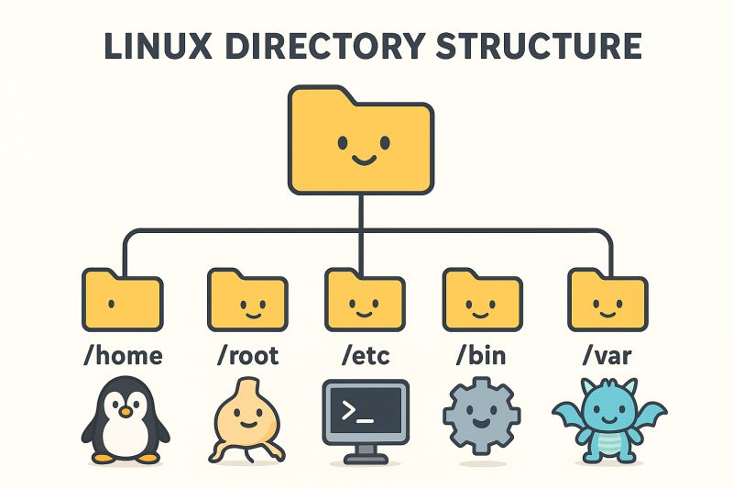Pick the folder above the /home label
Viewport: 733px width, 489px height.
[122, 299]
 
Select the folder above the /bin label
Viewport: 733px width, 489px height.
[482, 299]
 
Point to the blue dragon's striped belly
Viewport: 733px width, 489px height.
[607, 444]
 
